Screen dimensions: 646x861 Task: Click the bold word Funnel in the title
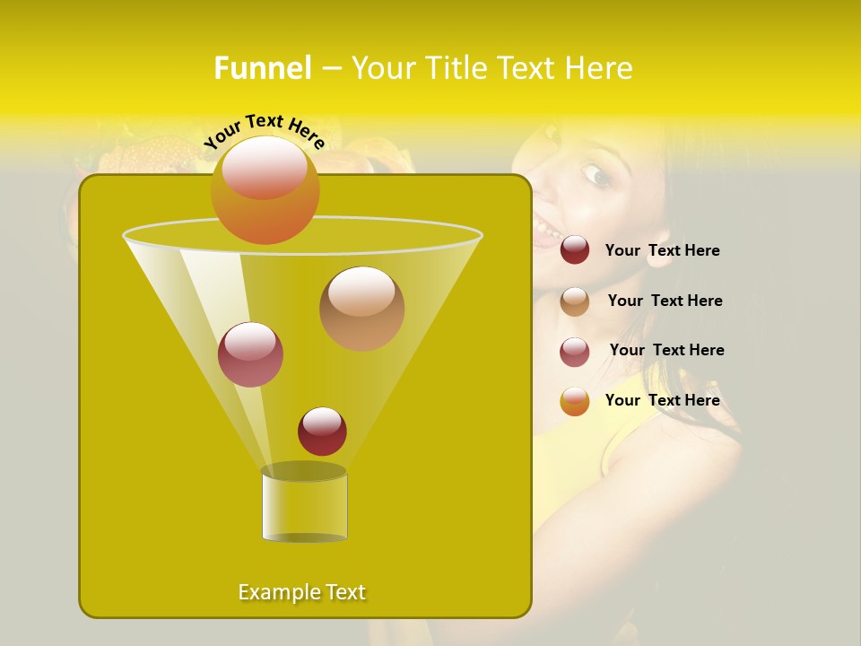pos(262,68)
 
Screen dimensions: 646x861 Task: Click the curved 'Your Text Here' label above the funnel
pos(265,131)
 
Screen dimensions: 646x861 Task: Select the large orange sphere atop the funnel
pos(265,189)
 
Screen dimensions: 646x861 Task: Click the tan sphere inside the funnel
pos(361,308)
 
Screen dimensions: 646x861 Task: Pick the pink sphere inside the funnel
pos(250,354)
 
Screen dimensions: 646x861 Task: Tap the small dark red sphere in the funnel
pos(322,431)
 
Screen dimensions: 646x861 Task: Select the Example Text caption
pos(302,592)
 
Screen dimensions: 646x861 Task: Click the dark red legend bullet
pos(575,250)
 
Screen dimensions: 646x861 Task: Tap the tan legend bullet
pos(575,301)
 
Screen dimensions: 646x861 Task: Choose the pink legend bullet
pos(575,352)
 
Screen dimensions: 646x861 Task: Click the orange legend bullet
pos(575,401)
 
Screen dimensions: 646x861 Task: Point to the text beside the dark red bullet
pos(662,250)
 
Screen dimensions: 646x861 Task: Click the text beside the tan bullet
pos(665,301)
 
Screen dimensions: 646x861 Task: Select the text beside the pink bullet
pos(666,350)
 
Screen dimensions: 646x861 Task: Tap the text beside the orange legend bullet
pos(662,400)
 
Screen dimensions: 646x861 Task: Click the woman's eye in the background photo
pos(596,175)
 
